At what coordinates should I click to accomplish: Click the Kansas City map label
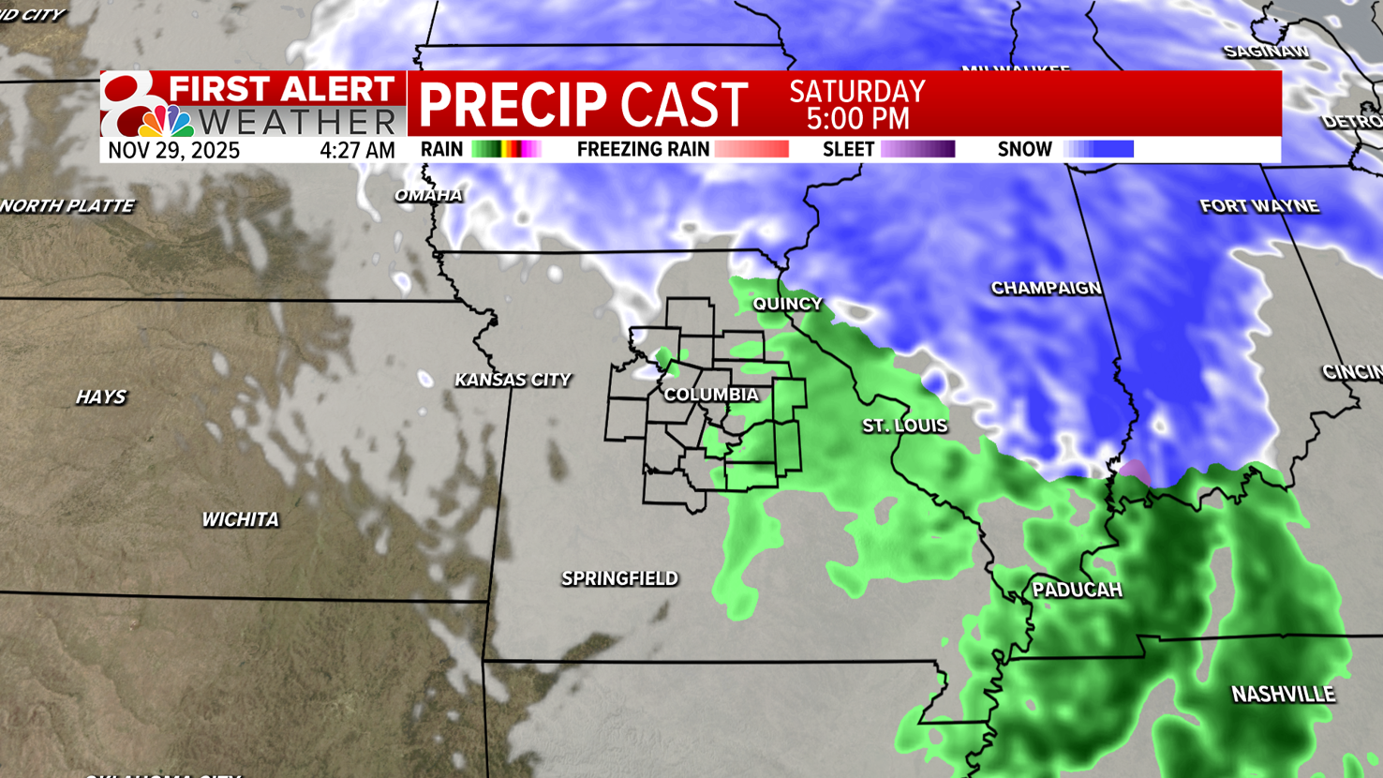click(513, 380)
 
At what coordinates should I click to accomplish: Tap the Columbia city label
click(711, 395)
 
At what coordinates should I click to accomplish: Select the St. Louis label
click(904, 426)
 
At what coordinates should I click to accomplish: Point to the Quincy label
click(787, 304)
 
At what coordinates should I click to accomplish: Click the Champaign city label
click(1046, 288)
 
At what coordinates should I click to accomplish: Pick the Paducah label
click(1077, 590)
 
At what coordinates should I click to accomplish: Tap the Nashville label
click(1283, 695)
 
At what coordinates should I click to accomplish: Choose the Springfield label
click(619, 578)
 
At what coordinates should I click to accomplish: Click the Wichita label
click(240, 519)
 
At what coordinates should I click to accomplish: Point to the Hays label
click(100, 397)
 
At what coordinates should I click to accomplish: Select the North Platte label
click(67, 206)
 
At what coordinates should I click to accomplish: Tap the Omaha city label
click(428, 195)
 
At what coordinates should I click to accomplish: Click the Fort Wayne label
click(1258, 206)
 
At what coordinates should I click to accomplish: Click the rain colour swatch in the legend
click(506, 149)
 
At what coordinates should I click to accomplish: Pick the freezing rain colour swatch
click(751, 149)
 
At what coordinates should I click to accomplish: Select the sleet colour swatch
click(917, 149)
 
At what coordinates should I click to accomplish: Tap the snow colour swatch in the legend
click(1098, 149)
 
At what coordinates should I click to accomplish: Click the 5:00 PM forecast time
click(857, 119)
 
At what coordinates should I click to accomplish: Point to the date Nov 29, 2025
click(173, 150)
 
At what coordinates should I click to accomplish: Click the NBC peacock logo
click(166, 121)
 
